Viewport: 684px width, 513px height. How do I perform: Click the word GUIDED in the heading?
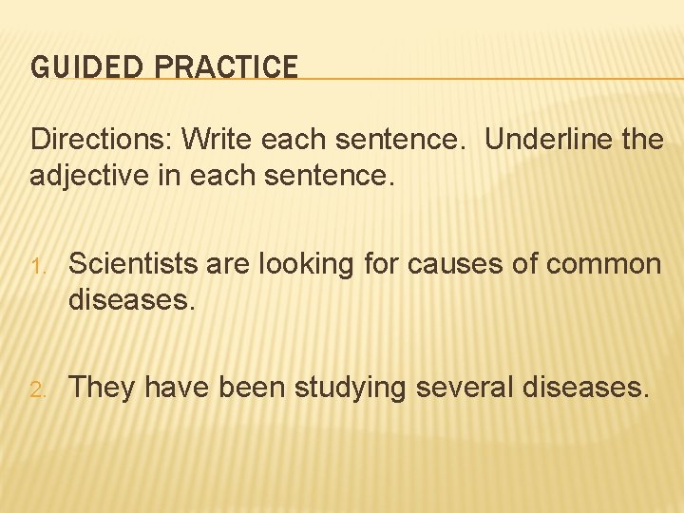74,66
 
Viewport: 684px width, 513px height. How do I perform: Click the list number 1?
37,265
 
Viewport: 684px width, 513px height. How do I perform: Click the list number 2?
37,389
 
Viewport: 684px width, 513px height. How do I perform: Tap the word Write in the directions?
217,140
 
